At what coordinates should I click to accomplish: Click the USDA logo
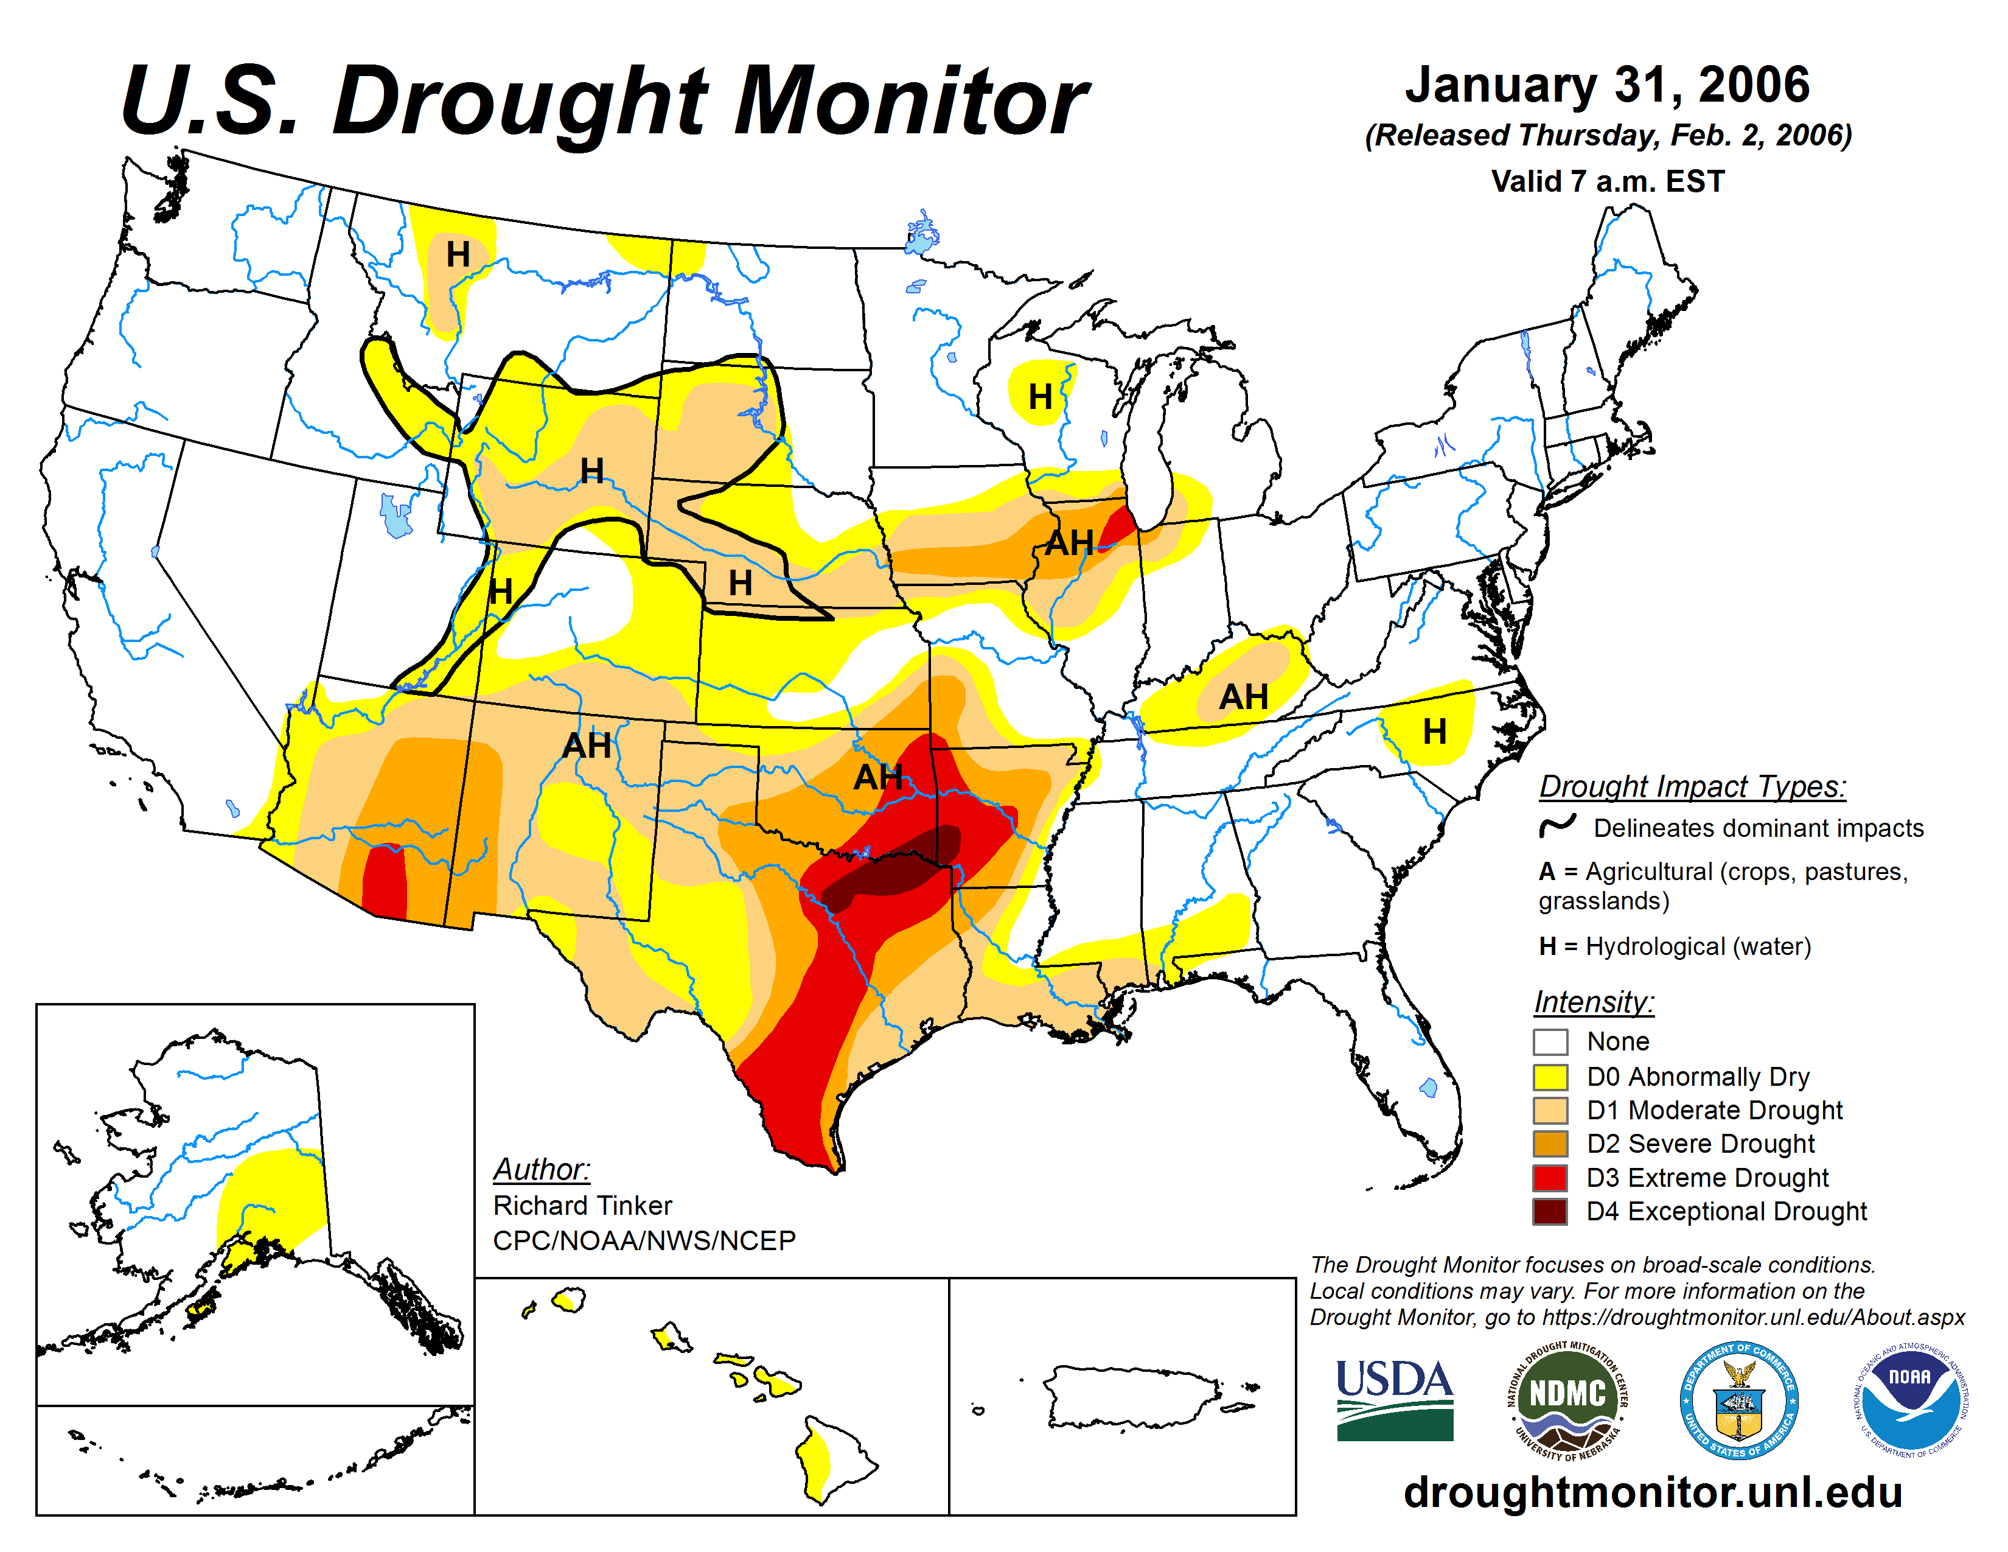click(1394, 1399)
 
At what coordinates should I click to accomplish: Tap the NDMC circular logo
click(1567, 1399)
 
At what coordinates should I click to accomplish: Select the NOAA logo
click(1909, 1399)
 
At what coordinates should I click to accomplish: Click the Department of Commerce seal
click(1738, 1399)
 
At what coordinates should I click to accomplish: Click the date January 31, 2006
click(1607, 85)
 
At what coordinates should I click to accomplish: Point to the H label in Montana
click(458, 254)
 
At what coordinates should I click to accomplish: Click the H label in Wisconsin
click(1040, 397)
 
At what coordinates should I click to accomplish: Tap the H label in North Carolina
click(1434, 732)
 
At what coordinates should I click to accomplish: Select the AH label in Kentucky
click(1243, 697)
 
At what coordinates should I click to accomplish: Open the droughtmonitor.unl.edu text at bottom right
click(1652, 1491)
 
